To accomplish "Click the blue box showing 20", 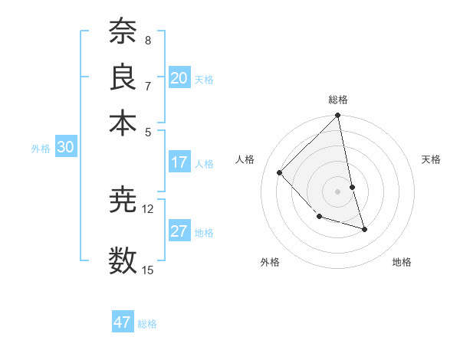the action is (x=179, y=78).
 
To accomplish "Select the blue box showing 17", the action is (x=179, y=162).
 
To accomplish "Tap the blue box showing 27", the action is (x=179, y=231).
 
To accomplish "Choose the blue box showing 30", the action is (x=65, y=148).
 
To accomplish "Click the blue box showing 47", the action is (x=123, y=322).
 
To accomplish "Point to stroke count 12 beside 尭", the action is (x=148, y=208).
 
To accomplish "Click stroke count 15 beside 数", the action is (x=148, y=270).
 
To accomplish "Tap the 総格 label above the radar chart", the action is (x=338, y=100).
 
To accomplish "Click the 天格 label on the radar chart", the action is (x=431, y=159).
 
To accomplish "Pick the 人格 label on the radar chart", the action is (x=245, y=159).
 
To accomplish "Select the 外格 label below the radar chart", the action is (x=270, y=262).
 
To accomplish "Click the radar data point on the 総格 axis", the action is (x=338, y=116).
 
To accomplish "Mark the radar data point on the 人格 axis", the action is (x=280, y=172).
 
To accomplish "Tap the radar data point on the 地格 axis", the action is (x=365, y=229).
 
